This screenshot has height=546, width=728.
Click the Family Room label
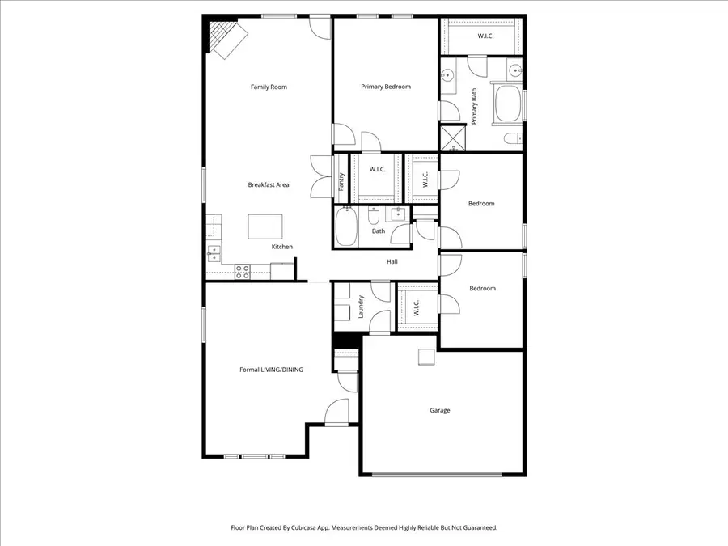pyautogui.click(x=269, y=87)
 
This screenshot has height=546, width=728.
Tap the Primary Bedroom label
pyautogui.click(x=386, y=87)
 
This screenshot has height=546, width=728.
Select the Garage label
pyautogui.click(x=439, y=410)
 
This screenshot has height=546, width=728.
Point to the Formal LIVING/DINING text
pyautogui.click(x=271, y=370)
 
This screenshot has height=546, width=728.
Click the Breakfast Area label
pyautogui.click(x=269, y=184)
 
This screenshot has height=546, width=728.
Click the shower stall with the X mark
pyautogui.click(x=454, y=138)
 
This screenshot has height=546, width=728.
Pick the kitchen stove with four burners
pyautogui.click(x=242, y=271)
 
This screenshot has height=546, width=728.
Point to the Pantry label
pyautogui.click(x=341, y=183)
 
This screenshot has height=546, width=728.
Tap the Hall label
pyautogui.click(x=392, y=261)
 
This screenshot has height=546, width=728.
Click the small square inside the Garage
pyautogui.click(x=425, y=358)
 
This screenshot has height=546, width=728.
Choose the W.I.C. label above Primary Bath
pyautogui.click(x=485, y=36)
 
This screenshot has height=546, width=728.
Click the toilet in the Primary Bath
pyautogui.click(x=513, y=140)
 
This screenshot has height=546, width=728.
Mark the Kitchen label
pyautogui.click(x=281, y=247)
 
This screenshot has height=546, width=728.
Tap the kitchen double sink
pyautogui.click(x=214, y=253)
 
